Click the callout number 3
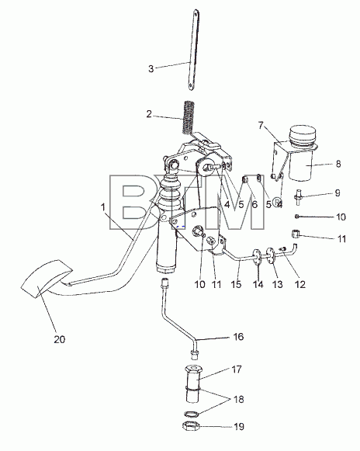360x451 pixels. coord(151,69)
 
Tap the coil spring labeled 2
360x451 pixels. coord(189,116)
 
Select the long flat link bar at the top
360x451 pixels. coord(194,50)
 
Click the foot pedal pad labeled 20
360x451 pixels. coord(47,278)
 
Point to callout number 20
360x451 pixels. coord(60,339)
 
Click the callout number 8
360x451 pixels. coord(338,164)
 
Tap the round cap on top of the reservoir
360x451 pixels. coord(302,134)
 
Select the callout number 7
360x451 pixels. coord(261,126)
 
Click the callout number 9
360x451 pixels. coord(337,193)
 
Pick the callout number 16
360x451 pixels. coord(238,337)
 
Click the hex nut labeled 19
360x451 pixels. coord(190,425)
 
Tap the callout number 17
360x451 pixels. coord(237,369)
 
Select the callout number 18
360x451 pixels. coord(239,399)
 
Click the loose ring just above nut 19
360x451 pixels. coord(191,415)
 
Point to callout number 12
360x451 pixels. coord(299,284)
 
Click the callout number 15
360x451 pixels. coord(236,284)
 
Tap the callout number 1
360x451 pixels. coord(103,207)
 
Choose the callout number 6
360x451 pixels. coord(254,204)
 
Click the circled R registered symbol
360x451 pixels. coord(276,202)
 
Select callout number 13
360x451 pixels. coord(277,284)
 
